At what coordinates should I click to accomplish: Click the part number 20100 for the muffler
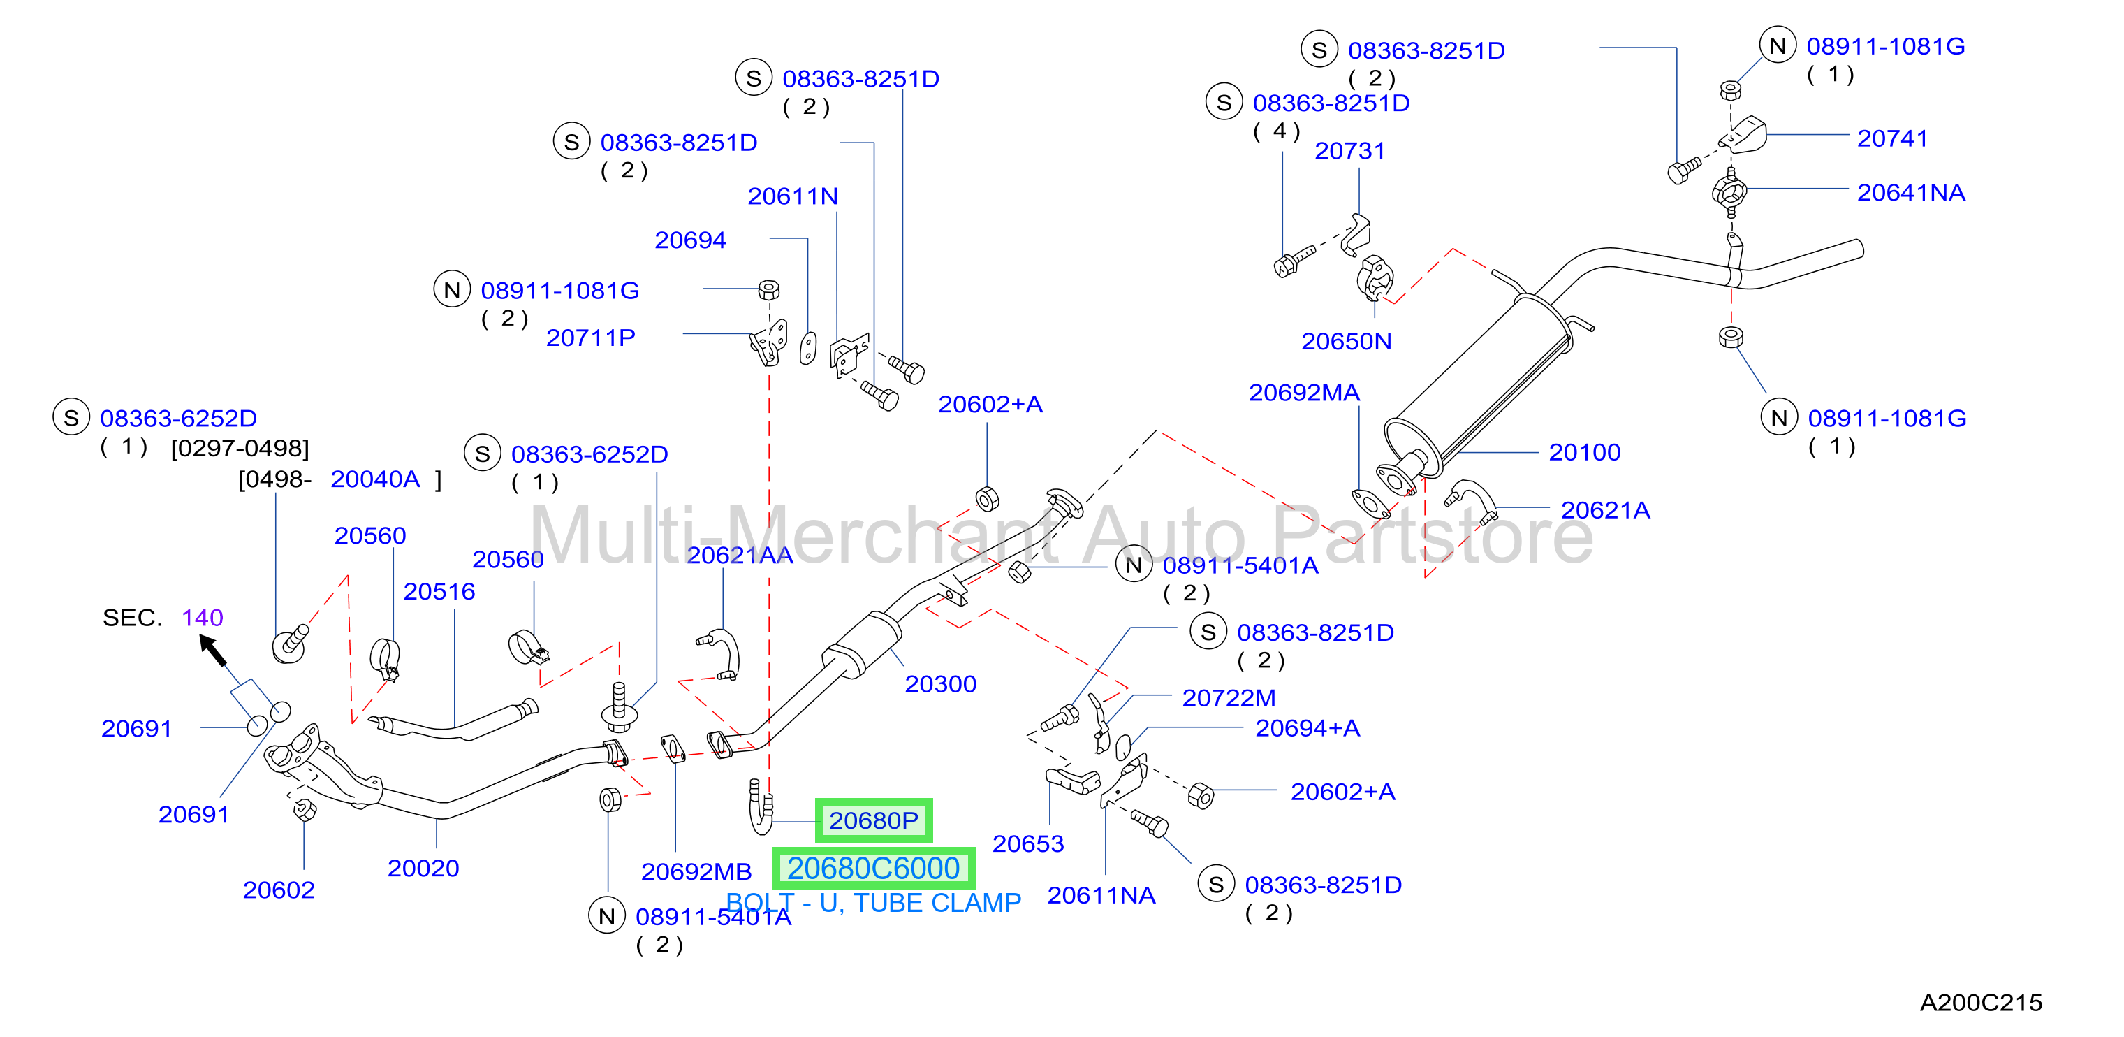coord(1584,452)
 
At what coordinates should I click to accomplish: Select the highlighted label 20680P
coord(873,821)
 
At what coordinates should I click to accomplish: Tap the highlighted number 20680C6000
coord(873,868)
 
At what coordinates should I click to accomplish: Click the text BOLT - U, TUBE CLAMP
coord(873,903)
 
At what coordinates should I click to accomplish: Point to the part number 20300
coord(940,684)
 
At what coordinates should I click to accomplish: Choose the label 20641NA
coord(1910,192)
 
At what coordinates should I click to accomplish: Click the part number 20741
coord(1892,138)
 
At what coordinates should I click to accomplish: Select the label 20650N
coord(1346,341)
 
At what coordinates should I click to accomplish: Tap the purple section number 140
coord(202,617)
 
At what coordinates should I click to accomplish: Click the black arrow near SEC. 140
coord(213,650)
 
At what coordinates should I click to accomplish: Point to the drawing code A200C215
coord(1981,1002)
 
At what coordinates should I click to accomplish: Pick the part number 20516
coord(439,591)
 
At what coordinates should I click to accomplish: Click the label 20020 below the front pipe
coord(423,868)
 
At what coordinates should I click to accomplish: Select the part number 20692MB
coord(696,871)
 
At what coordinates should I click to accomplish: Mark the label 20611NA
coord(1101,895)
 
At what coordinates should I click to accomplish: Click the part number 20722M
coord(1229,698)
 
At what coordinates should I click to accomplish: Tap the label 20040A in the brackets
coord(375,479)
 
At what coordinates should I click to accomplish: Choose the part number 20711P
coord(590,338)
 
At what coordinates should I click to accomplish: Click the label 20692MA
coord(1303,393)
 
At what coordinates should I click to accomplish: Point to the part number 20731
coord(1349,151)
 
